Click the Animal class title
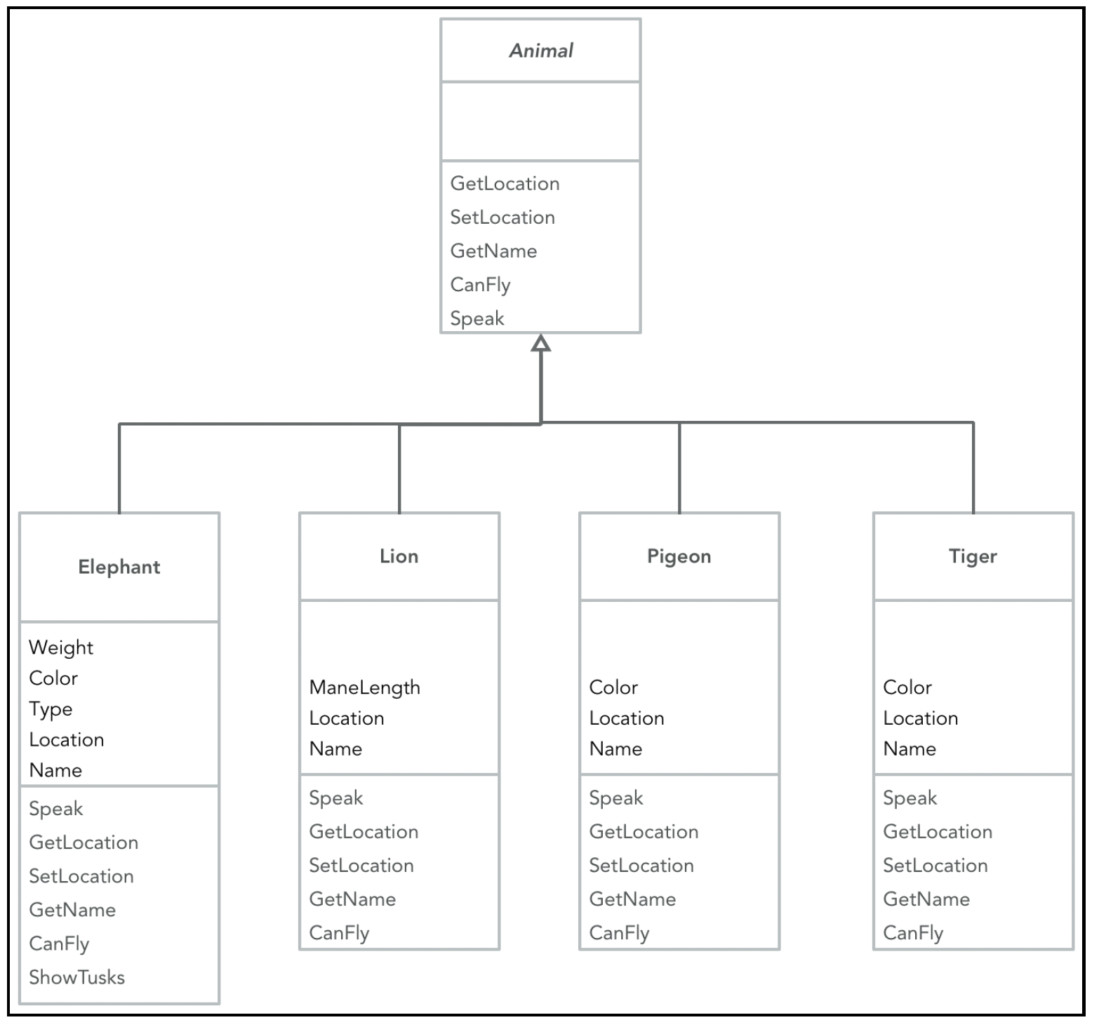(x=541, y=51)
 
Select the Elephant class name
(x=119, y=567)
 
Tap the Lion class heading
(x=399, y=556)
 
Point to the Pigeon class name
(x=679, y=556)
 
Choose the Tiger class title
(x=973, y=556)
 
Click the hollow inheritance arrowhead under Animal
(x=540, y=342)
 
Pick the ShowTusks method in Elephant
(x=77, y=977)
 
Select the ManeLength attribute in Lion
(x=365, y=688)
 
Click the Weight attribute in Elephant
(x=61, y=648)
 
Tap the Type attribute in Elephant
(x=51, y=709)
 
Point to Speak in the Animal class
(x=477, y=319)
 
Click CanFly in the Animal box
(x=481, y=285)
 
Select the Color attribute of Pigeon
(x=614, y=687)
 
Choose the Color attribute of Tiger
(x=908, y=687)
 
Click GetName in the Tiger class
(x=926, y=899)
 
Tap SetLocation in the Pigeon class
(x=641, y=866)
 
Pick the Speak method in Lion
(x=336, y=799)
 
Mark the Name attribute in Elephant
(x=55, y=770)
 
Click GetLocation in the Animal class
(x=505, y=184)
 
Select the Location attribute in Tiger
(x=921, y=718)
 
